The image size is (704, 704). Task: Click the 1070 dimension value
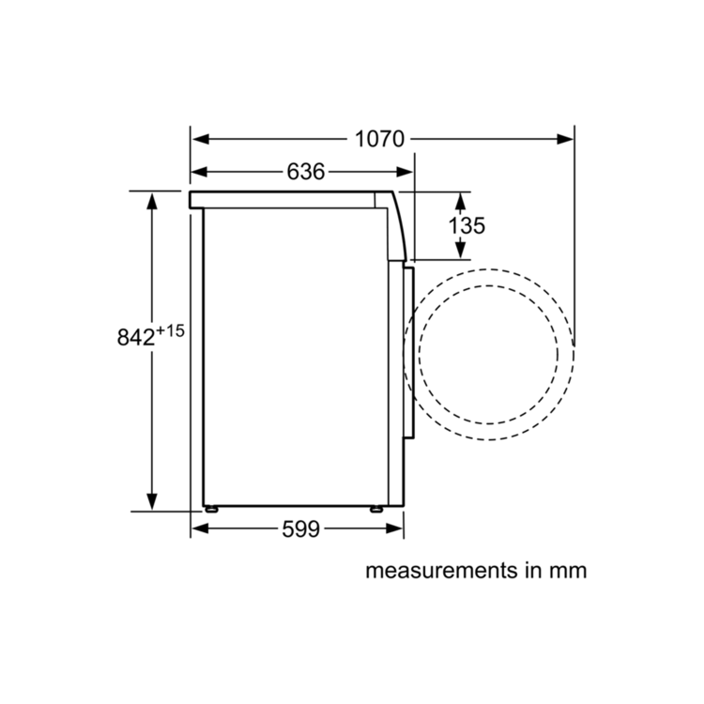pos(379,139)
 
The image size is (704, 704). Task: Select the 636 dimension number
pos(306,172)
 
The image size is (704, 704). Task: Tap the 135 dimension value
pos(467,225)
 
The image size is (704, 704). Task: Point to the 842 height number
pos(135,337)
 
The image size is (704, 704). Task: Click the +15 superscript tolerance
pos(170,331)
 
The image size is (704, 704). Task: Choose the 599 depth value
pos(300,528)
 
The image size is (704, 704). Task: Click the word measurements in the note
pos(442,571)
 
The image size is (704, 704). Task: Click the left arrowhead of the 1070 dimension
pos(201,139)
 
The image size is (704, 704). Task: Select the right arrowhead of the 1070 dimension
pos(565,139)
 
